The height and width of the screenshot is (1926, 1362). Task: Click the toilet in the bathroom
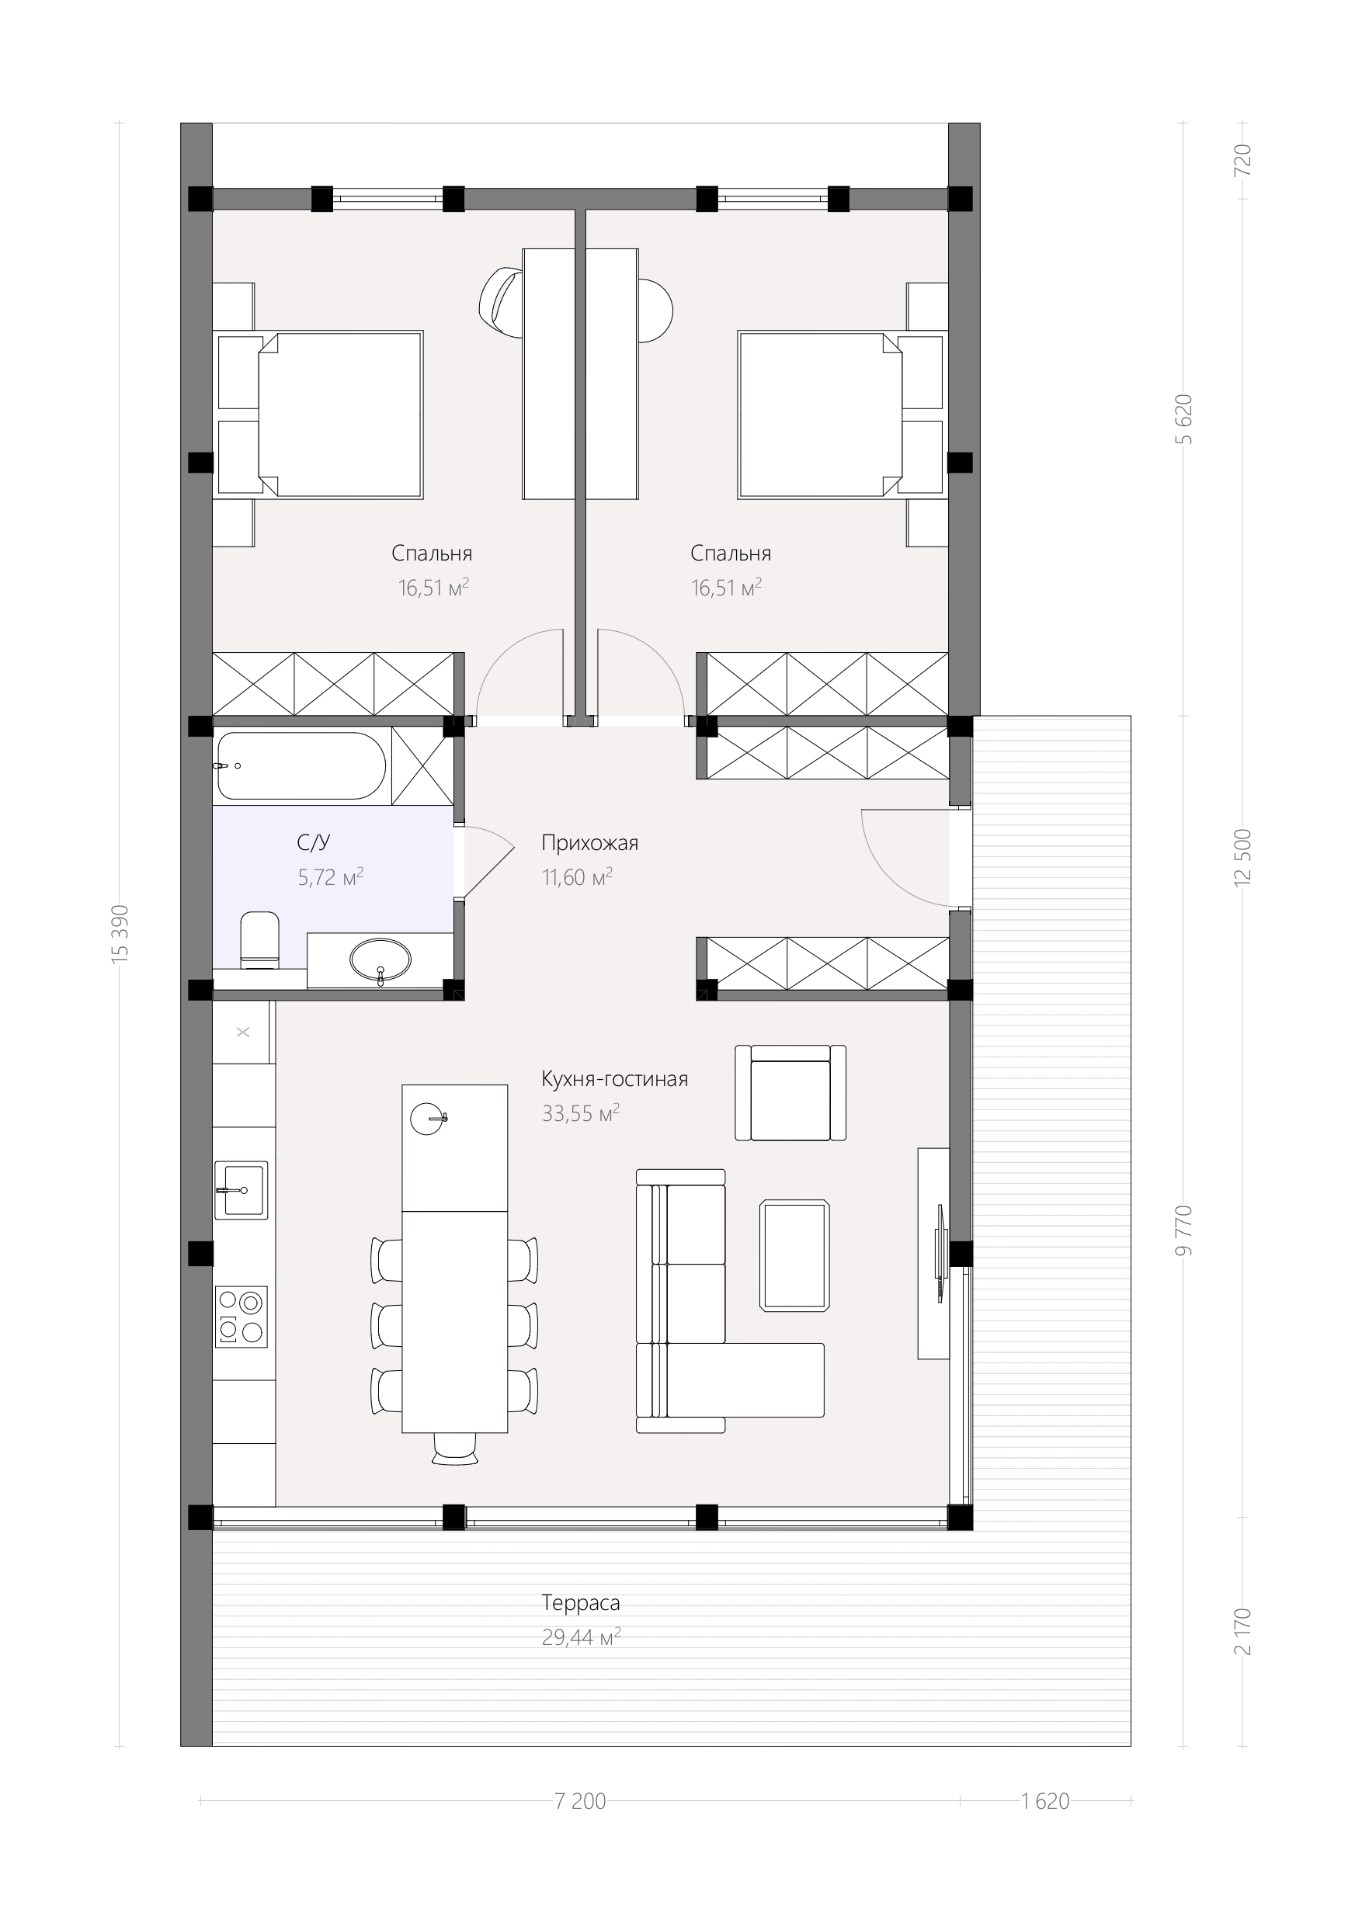click(x=259, y=939)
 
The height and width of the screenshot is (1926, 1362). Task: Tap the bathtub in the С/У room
click(x=302, y=766)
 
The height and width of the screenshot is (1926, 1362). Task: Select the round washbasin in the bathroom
click(x=381, y=958)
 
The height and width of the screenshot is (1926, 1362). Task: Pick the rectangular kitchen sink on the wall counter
click(x=241, y=1189)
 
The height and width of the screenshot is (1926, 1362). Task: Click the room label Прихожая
click(x=590, y=843)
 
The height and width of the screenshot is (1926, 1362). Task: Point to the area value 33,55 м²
click(x=581, y=1113)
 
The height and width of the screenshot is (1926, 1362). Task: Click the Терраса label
click(x=581, y=1603)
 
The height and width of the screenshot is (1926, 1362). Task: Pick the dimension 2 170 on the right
click(x=1243, y=1632)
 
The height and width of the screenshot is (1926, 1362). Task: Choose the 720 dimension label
click(x=1243, y=160)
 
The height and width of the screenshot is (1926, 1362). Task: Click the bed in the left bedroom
click(x=340, y=415)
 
